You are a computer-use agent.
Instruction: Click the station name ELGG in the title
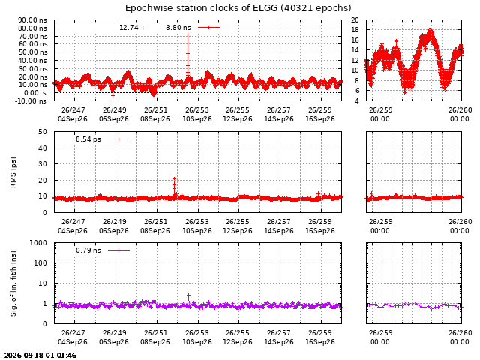265,7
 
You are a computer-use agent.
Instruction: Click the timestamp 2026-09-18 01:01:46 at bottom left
40,355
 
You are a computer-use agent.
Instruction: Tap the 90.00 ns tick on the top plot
32,20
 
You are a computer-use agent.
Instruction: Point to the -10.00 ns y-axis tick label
31,100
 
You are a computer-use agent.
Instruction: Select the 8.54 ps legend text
88,139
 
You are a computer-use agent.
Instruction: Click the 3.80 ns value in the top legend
178,28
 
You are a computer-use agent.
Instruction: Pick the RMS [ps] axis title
13,172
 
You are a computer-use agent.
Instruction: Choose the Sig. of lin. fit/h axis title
13,283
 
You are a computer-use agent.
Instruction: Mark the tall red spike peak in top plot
187,33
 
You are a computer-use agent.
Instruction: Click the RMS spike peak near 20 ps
174,178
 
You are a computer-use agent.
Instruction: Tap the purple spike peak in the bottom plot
188,295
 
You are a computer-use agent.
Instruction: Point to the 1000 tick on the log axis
38,243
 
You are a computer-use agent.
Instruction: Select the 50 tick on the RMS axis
43,132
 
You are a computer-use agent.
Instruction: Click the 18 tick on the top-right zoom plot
355,30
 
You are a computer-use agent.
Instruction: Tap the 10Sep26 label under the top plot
197,119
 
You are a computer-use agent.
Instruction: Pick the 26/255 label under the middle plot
238,222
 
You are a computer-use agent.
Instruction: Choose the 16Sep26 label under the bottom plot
320,342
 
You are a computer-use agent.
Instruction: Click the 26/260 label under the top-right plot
460,110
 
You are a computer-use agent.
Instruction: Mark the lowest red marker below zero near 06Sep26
112,96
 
